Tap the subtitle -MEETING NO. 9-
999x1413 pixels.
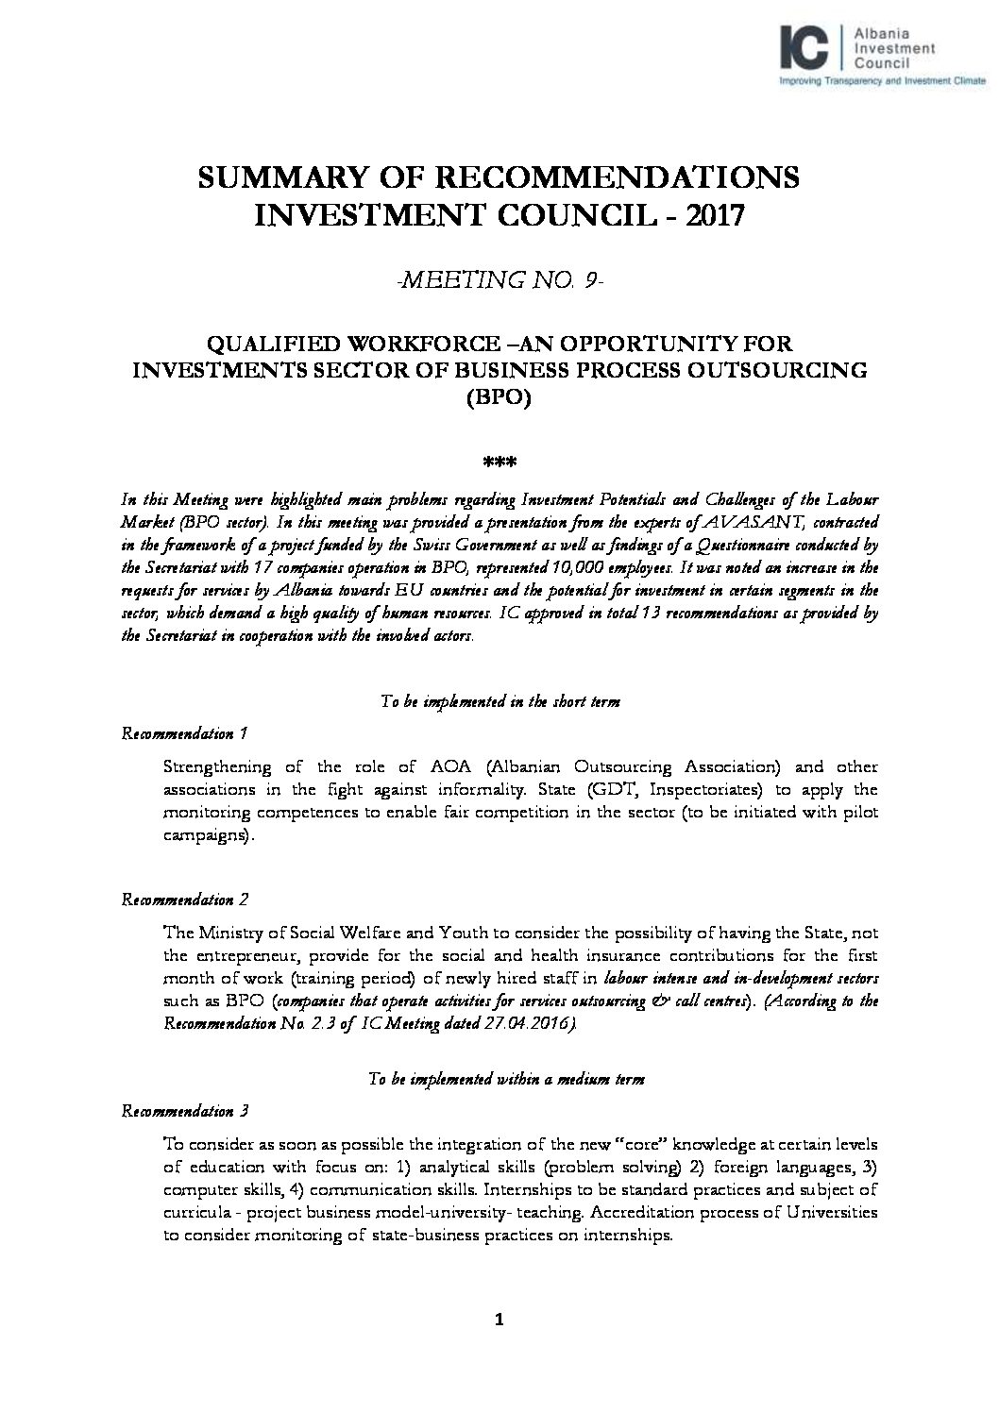point(499,279)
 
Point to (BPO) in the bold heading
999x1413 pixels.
point(499,397)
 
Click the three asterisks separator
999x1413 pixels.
point(499,463)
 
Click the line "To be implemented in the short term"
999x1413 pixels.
point(499,702)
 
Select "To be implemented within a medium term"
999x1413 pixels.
point(505,1080)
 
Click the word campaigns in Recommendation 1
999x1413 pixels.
point(205,836)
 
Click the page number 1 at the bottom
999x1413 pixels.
point(499,1320)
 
